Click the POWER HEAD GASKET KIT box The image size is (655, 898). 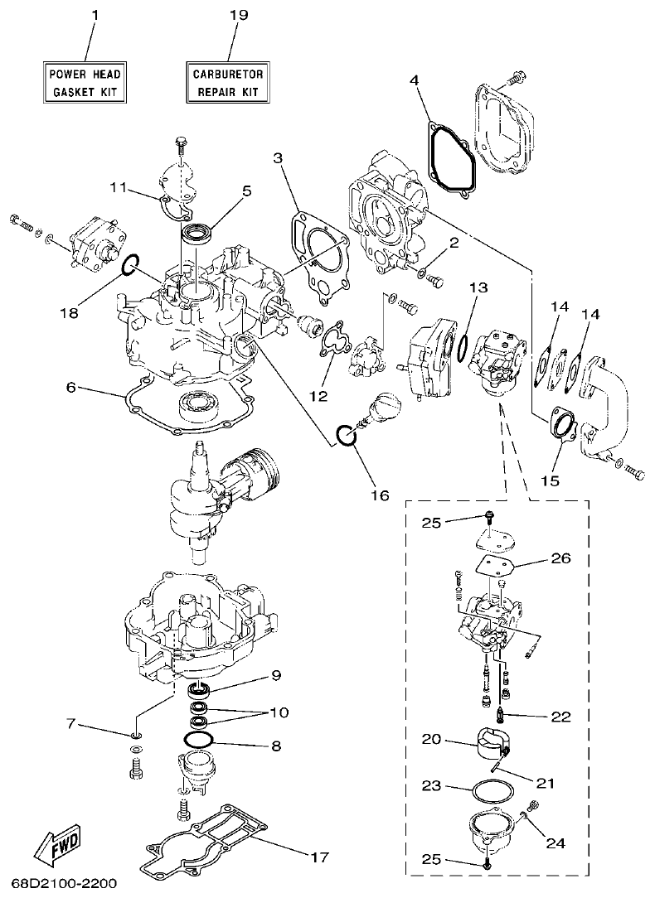[x=85, y=81]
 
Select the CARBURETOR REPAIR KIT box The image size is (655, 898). [x=227, y=81]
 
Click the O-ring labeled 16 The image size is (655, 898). [x=346, y=436]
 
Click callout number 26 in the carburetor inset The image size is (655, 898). [x=560, y=558]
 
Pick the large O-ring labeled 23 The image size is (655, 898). [x=483, y=790]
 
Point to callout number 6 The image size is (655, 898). [x=71, y=388]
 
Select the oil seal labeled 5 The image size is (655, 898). [x=198, y=234]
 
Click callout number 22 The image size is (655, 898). [x=560, y=717]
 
